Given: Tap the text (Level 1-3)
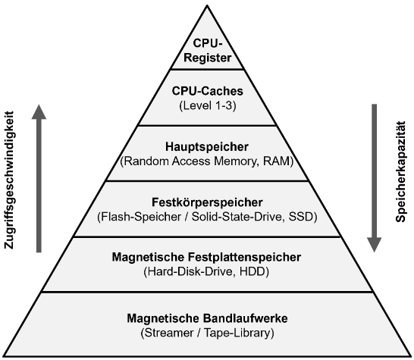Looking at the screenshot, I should coord(207,106).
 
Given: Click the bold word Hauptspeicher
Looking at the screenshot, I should coord(207,148).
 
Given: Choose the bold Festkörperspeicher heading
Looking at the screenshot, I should coord(207,203).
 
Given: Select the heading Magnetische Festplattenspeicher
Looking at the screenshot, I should coord(207,258).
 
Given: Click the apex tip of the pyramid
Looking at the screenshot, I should coord(207,6).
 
